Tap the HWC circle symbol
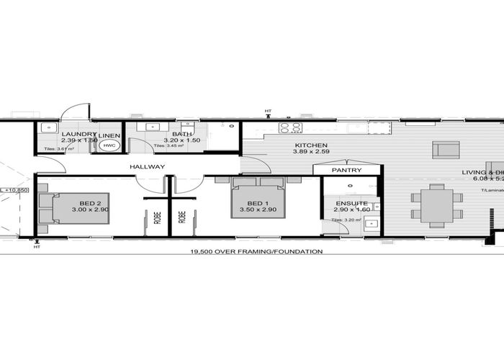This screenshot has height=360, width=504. pyautogui.click(x=109, y=146)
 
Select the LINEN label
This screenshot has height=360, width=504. pyautogui.click(x=109, y=135)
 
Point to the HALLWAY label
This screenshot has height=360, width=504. pyautogui.click(x=148, y=167)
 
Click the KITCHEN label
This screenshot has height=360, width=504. pyautogui.click(x=311, y=145)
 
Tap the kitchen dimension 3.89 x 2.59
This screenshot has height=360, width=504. pyautogui.click(x=312, y=153)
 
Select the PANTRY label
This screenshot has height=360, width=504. pyautogui.click(x=346, y=170)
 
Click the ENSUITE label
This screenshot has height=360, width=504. pyautogui.click(x=351, y=204)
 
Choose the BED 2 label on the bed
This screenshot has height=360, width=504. pyautogui.click(x=89, y=202)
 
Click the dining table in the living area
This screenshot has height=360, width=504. pyautogui.click(x=436, y=205)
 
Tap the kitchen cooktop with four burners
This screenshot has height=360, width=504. pyautogui.click(x=290, y=127)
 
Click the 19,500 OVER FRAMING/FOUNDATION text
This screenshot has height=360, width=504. pyautogui.click(x=256, y=252)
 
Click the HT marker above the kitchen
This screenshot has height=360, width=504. pyautogui.click(x=268, y=112)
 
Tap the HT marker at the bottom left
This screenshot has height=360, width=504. pyautogui.click(x=37, y=247)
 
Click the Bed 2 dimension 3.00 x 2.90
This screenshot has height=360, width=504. pyautogui.click(x=89, y=210)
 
